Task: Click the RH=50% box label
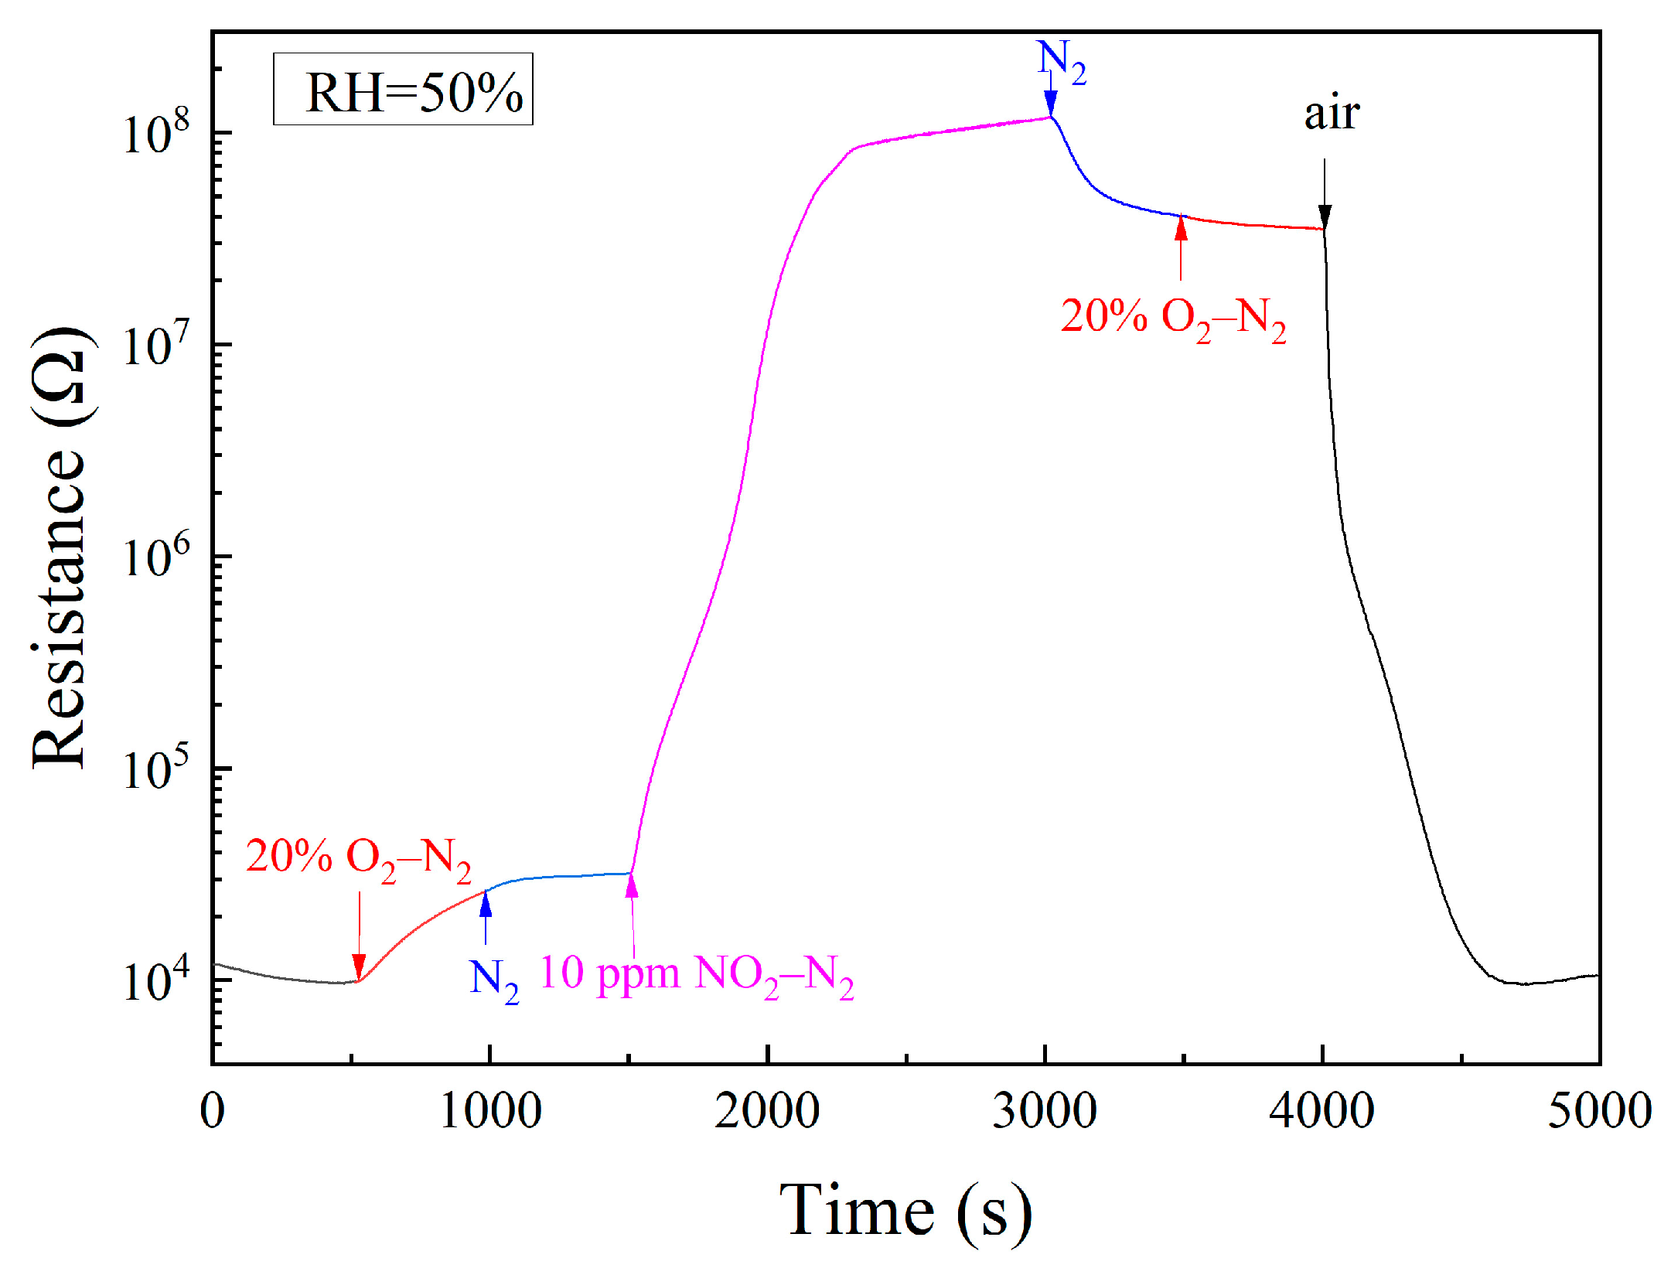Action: pyautogui.click(x=403, y=90)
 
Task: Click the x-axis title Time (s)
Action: pyautogui.click(x=905, y=1211)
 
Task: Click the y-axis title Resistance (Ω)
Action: pyautogui.click(x=59, y=547)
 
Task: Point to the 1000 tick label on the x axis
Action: pyautogui.click(x=490, y=1111)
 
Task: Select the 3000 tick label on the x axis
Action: pyautogui.click(x=1045, y=1111)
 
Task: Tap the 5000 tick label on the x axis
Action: pyautogui.click(x=1598, y=1111)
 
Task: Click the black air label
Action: pyautogui.click(x=1332, y=114)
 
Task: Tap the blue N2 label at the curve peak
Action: pyautogui.click(x=1061, y=62)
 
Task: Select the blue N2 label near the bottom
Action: pyautogui.click(x=493, y=980)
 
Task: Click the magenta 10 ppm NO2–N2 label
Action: pyautogui.click(x=696, y=976)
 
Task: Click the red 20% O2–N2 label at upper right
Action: pyautogui.click(x=1172, y=319)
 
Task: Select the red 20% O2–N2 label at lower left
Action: pyautogui.click(x=358, y=859)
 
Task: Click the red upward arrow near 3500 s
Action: pyautogui.click(x=1181, y=247)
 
